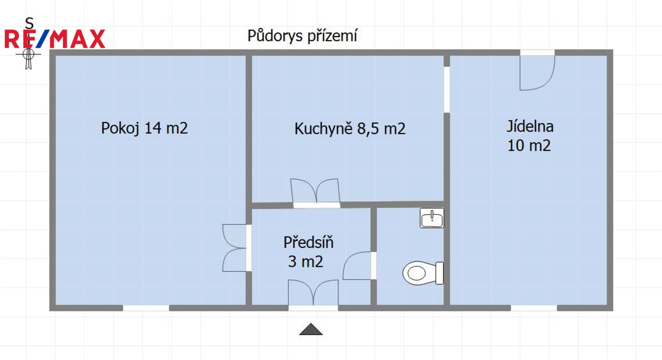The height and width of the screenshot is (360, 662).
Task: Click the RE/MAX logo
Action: [55, 39]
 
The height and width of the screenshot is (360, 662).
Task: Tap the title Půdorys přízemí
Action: [302, 36]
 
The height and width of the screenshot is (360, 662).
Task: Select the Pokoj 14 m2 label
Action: [144, 128]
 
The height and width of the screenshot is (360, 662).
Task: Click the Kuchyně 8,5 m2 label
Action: [350, 129]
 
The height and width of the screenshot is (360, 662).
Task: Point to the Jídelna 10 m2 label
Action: [530, 136]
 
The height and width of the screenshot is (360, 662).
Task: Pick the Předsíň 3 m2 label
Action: [308, 252]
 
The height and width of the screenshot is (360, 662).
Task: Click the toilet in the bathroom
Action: [423, 273]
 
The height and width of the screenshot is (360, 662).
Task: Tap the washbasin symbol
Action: [432, 218]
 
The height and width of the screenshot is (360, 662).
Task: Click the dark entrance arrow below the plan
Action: [311, 329]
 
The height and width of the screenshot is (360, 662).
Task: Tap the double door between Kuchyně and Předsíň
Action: [316, 192]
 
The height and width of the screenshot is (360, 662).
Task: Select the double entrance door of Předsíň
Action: [313, 292]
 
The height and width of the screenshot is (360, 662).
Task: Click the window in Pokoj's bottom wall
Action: [146, 308]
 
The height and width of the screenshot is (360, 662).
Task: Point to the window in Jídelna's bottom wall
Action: [534, 308]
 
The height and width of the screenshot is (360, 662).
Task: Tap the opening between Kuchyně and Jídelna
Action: [447, 90]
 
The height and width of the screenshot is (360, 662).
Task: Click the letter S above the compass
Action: [29, 23]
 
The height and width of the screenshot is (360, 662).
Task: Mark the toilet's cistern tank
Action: [439, 273]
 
